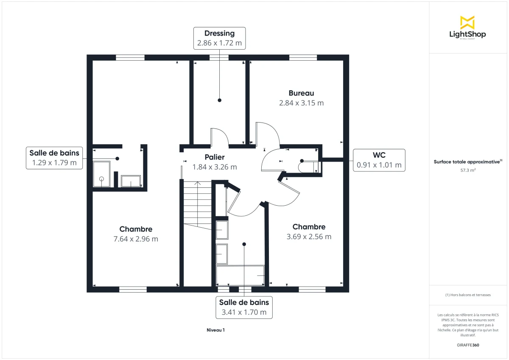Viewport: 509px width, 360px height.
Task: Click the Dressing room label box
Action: pos(219,38)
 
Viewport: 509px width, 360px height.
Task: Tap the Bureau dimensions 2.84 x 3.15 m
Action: pos(301,103)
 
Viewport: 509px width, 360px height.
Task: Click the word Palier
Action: pos(215,157)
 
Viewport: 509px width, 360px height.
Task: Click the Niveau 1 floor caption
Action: pos(215,330)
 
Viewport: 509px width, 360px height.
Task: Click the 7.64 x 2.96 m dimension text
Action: pos(136,239)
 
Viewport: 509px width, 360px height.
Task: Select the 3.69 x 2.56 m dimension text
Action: pos(309,237)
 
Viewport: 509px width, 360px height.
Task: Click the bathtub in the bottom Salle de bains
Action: pos(241,276)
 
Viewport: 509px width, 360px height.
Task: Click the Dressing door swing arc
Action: pos(222,137)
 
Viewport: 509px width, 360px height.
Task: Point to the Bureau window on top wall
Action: pos(303,58)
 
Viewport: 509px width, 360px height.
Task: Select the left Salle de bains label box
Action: pos(54,158)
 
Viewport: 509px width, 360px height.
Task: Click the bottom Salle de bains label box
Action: pos(244,307)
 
